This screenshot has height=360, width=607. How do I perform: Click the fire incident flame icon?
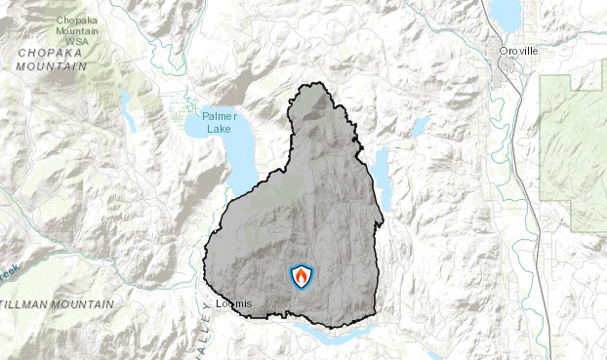[302, 276]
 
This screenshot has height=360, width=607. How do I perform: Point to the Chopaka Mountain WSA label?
[82, 30]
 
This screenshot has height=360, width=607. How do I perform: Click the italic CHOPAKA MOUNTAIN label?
[51, 60]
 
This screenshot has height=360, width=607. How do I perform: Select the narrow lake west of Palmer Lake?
[128, 109]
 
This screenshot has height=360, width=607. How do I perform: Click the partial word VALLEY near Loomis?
[195, 337]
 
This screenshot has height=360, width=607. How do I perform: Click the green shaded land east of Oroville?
[574, 146]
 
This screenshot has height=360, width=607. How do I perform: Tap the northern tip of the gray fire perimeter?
[313, 86]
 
